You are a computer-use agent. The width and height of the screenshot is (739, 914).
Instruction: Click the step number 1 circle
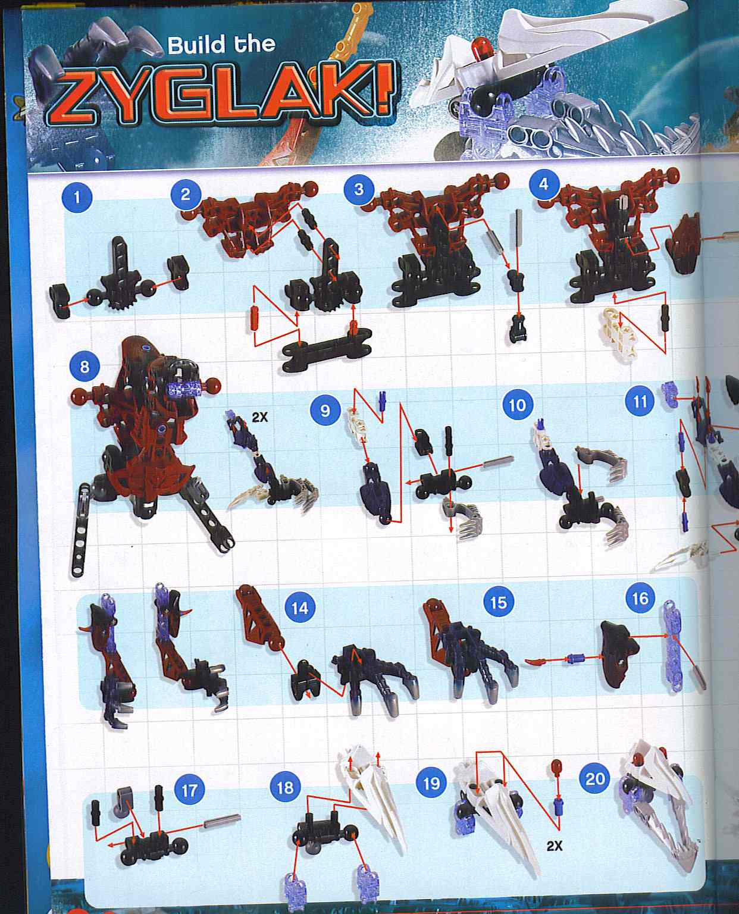[77, 197]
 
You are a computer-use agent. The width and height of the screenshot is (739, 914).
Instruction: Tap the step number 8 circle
[84, 366]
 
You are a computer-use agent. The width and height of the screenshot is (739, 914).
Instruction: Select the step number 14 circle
[299, 608]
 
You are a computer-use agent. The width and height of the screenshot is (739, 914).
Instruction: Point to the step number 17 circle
[189, 790]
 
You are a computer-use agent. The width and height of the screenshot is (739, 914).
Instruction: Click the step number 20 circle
[595, 779]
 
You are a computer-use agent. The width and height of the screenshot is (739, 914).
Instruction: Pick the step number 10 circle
[516, 405]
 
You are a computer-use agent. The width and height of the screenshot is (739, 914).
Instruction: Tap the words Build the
[221, 45]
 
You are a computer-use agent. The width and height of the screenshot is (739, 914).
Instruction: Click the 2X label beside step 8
[260, 417]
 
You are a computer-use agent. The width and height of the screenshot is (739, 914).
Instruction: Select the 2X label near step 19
[554, 846]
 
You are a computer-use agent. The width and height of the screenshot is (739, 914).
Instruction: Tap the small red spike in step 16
[537, 661]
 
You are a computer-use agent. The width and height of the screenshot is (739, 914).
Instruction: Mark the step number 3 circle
[358, 189]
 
